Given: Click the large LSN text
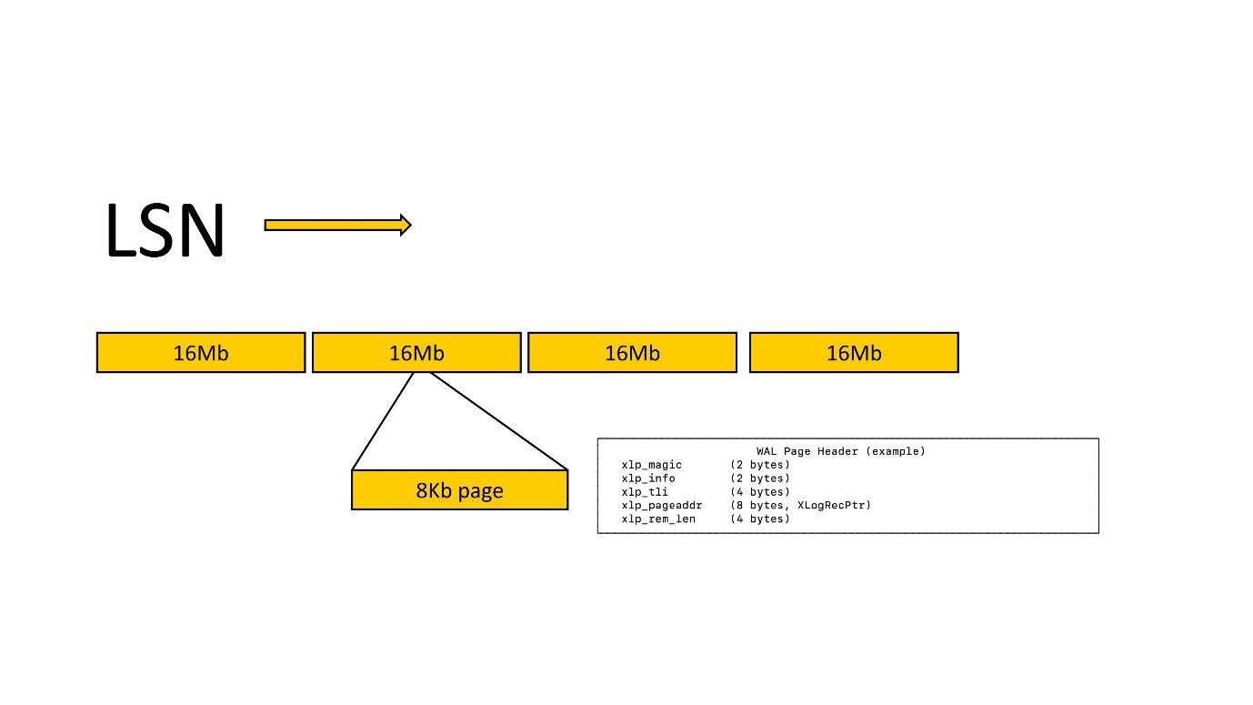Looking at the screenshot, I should coord(165,230).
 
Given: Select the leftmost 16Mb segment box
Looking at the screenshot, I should coord(201,353).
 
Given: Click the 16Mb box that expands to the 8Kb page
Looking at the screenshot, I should coord(416,353).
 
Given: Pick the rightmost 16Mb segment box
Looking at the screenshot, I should coord(854,353).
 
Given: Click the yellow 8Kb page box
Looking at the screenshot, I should coord(459,490).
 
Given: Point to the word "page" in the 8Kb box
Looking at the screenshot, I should coord(481,491).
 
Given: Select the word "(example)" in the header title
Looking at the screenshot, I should coord(897,451).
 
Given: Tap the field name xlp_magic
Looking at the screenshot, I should coord(651,465).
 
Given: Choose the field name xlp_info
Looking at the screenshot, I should coord(648,478).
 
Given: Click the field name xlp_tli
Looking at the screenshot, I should coord(645,492).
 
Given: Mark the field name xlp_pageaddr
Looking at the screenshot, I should coord(662,505).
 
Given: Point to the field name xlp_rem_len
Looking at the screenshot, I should coord(658,519).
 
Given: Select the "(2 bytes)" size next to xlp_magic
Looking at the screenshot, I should coord(759,465).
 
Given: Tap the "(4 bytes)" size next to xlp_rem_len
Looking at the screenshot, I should coord(759,519).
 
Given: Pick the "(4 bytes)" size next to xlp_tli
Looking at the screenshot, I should coord(759,492).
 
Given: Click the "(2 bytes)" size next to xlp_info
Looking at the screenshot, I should coord(759,478).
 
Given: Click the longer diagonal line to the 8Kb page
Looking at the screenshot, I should coord(498,420).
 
